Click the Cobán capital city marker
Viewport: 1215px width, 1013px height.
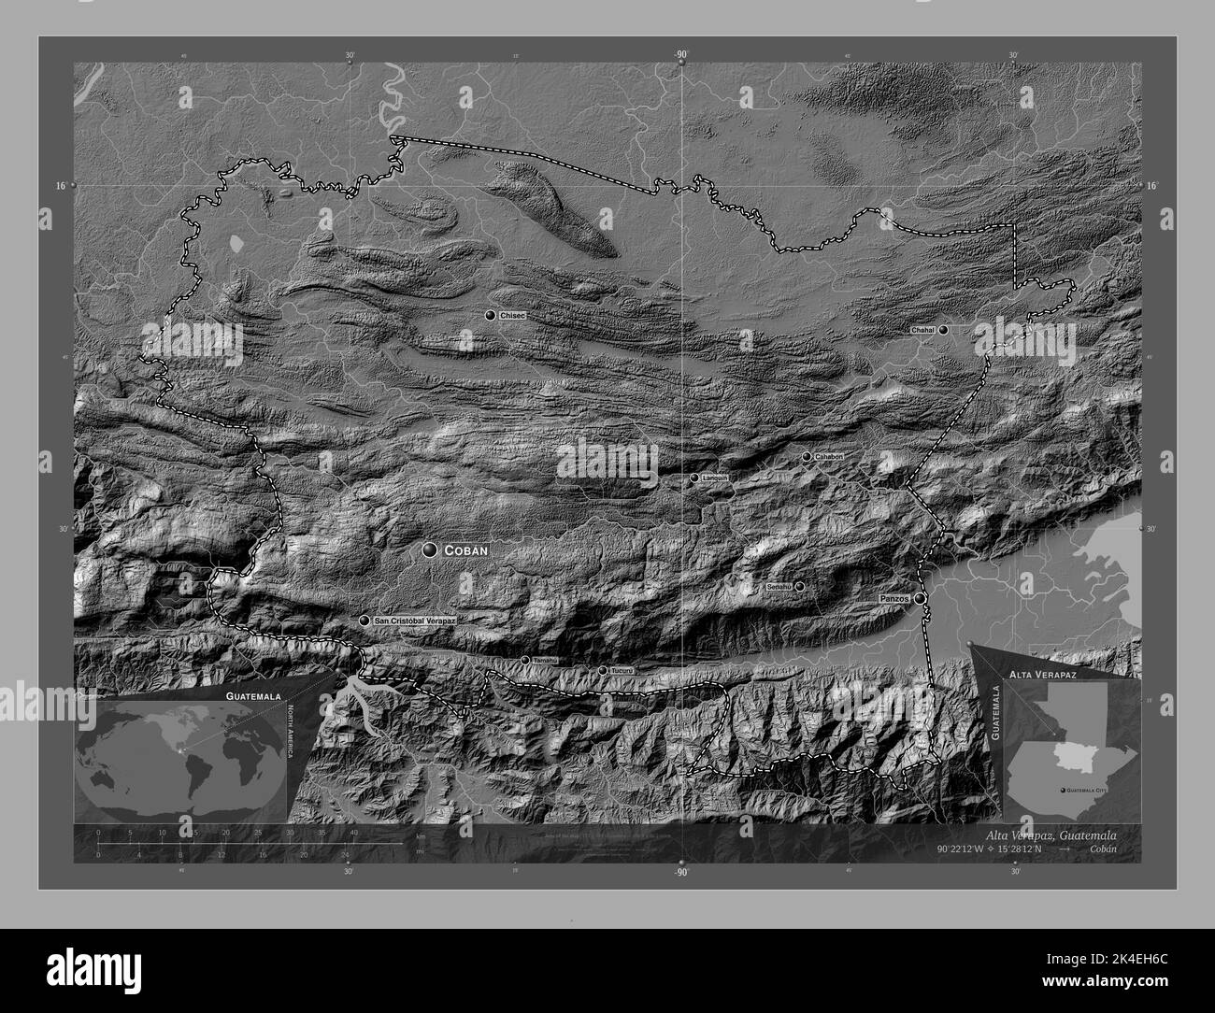pos(430,551)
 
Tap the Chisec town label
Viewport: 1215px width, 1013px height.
pos(513,317)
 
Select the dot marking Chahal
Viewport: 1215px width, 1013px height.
pos(944,330)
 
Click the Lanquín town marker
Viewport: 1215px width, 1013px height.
pos(694,478)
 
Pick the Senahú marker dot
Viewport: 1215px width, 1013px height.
pos(799,586)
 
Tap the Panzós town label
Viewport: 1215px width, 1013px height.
pos(895,596)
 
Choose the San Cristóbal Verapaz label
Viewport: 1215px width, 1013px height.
pos(414,621)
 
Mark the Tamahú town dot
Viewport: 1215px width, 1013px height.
pos(525,660)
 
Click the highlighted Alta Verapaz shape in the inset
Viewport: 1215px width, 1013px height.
pos(1075,756)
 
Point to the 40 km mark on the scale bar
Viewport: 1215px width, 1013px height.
pos(353,832)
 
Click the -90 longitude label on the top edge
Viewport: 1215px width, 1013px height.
pos(679,55)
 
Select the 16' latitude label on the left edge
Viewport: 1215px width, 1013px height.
pos(61,186)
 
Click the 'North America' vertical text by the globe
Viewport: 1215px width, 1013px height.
pos(290,733)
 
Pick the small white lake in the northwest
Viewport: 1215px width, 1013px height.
pos(237,244)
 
